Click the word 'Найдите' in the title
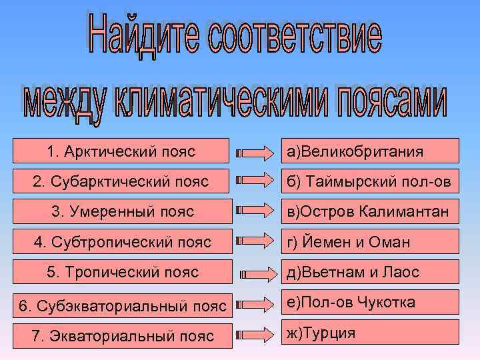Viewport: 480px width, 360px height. point(141,39)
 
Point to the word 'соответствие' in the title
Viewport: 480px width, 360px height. point(293,39)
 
